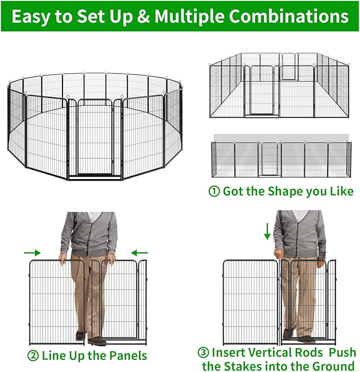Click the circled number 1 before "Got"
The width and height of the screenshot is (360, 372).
tap(214, 191)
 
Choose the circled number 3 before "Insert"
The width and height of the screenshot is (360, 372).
tap(203, 352)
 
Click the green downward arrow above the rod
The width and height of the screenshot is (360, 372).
tap(268, 231)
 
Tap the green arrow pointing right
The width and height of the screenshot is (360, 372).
tap(32, 253)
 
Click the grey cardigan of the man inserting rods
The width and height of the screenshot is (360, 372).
tap(299, 233)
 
